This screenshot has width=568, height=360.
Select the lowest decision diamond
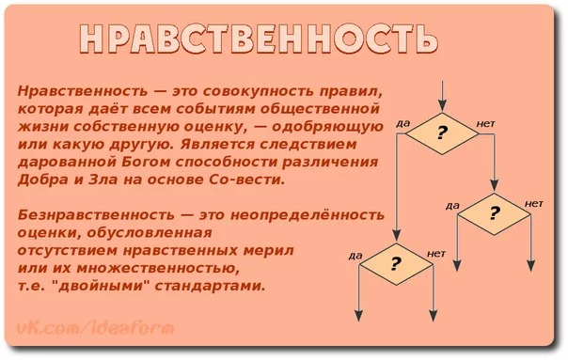[395, 263]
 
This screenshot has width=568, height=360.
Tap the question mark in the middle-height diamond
[492, 212]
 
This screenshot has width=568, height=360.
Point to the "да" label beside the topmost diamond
[402, 122]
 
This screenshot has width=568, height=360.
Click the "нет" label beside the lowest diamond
[435, 253]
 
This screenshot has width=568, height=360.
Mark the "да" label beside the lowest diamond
[355, 254]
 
